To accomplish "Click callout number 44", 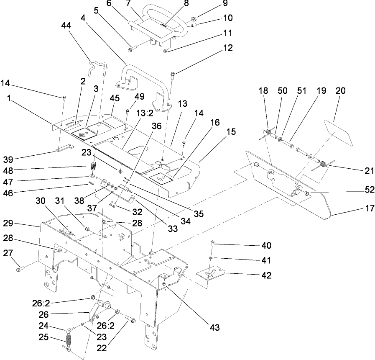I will (66, 26).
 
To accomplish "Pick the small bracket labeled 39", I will (64, 149).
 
